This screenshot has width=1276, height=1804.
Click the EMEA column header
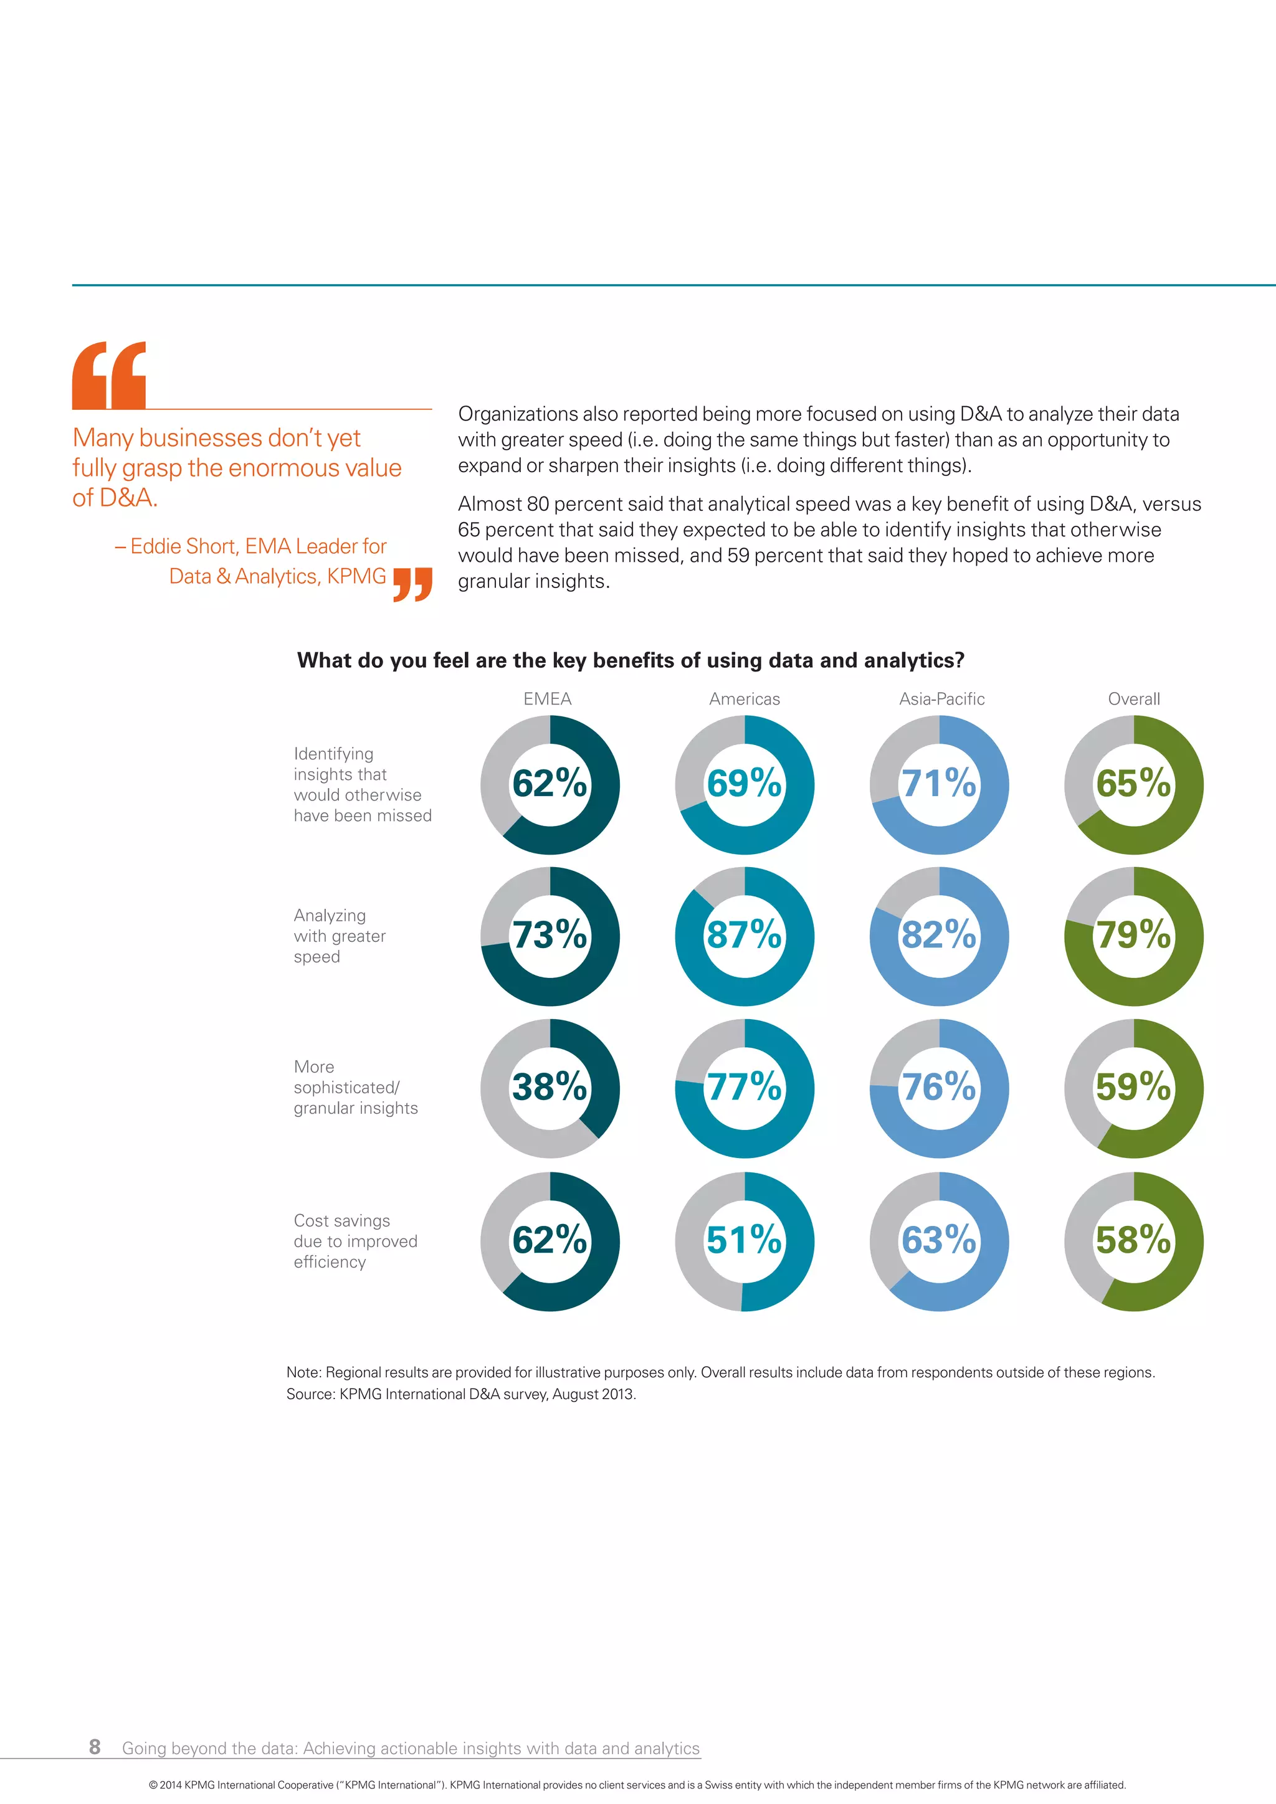pyautogui.click(x=547, y=698)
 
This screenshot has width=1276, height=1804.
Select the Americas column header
pyautogui.click(x=744, y=698)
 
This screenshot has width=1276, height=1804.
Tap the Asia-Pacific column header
pyautogui.click(x=941, y=698)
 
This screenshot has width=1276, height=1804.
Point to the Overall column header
pyautogui.click(x=1133, y=698)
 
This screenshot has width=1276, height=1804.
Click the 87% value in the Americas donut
pyautogui.click(x=744, y=935)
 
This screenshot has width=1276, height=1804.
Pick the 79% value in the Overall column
pyautogui.click(x=1133, y=935)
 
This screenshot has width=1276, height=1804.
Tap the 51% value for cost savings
pyautogui.click(x=744, y=1240)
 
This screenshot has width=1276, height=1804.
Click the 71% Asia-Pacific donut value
pyautogui.click(x=939, y=784)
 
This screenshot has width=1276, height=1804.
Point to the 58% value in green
pyautogui.click(x=1133, y=1240)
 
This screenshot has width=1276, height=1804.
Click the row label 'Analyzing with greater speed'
pyautogui.click(x=340, y=936)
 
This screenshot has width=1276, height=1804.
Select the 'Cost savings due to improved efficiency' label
pyautogui.click(x=355, y=1241)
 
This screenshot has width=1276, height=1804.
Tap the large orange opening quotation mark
pyautogui.click(x=109, y=375)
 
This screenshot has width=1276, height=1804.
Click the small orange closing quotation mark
pyautogui.click(x=412, y=584)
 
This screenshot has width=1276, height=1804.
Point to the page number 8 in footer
pyautogui.click(x=94, y=1747)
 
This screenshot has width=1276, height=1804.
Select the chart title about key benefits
pyautogui.click(x=630, y=660)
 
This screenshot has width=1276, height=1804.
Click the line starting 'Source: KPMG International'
pyautogui.click(x=461, y=1394)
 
